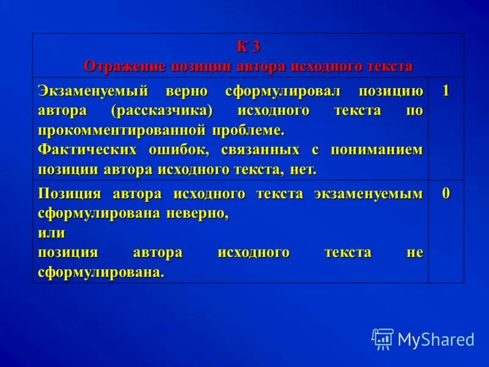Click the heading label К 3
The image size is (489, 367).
[248, 47]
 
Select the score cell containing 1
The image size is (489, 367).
[446, 91]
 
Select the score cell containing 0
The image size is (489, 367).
[446, 194]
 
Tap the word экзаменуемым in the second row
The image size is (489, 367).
[368, 195]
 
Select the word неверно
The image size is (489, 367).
[197, 214]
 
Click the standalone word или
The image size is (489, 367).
[51, 233]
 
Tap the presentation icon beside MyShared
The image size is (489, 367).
[383, 339]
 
